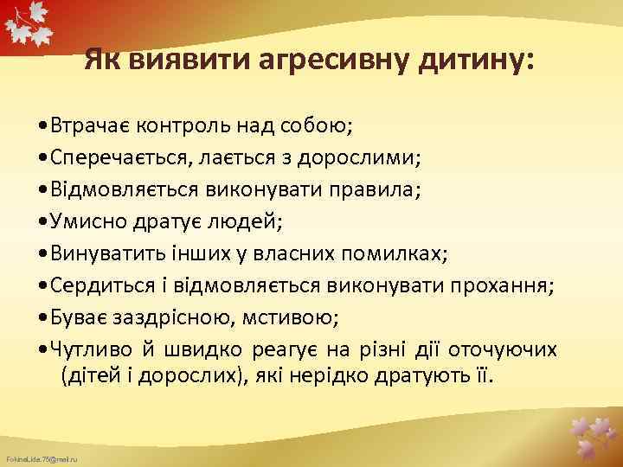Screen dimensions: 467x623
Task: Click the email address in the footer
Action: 42,456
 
